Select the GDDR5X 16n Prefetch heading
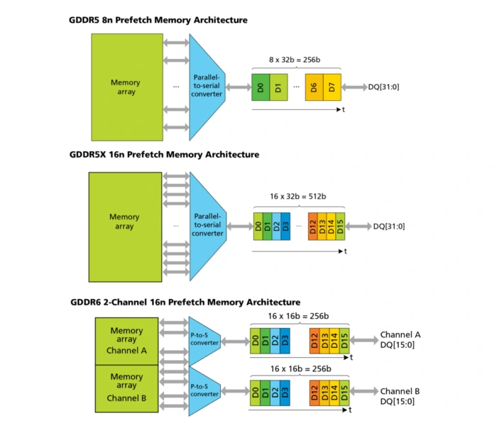coord(163,154)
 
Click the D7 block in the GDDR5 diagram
coord(332,88)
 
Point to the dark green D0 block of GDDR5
coord(260,88)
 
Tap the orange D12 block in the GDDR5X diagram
coord(313,227)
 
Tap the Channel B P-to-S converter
coord(202,390)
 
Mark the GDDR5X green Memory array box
coord(124,222)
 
